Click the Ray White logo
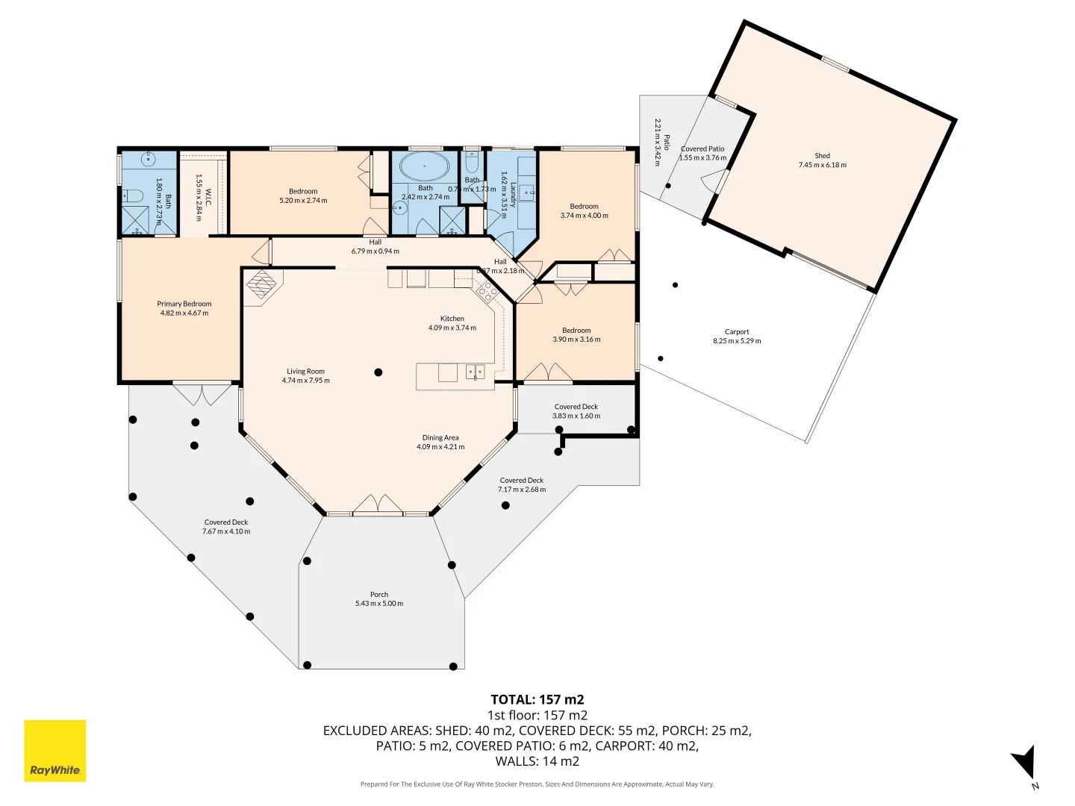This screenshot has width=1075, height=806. tap(55, 751)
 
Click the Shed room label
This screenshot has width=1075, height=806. tap(822, 156)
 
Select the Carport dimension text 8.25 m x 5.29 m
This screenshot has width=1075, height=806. tap(737, 341)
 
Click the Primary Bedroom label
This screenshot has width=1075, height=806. tap(184, 304)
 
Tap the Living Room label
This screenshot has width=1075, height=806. tap(305, 371)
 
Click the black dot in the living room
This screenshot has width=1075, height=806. tap(378, 372)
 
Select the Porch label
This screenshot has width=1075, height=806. tap(379, 595)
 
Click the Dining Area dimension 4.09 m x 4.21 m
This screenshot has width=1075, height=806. tap(440, 447)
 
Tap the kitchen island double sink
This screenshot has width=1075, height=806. tap(475, 371)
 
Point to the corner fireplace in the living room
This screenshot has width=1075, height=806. tap(262, 284)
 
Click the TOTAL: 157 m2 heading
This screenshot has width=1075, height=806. tap(537, 699)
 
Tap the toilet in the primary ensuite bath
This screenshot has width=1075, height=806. tap(133, 196)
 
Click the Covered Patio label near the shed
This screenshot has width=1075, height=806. tap(702, 149)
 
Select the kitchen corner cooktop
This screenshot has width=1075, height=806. tap(487, 292)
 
